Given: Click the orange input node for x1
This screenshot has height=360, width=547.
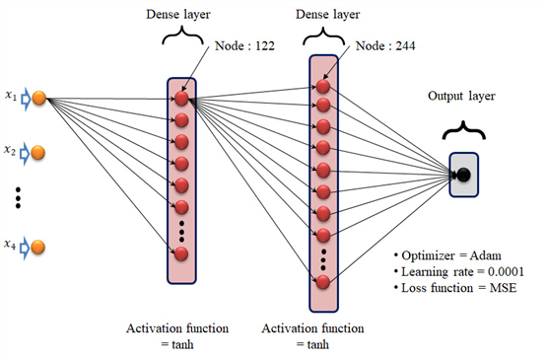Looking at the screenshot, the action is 39,98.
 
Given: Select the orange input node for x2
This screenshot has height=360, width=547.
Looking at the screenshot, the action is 38,153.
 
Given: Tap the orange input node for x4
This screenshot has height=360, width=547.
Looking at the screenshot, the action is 38,247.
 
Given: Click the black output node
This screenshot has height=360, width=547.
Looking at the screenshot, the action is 463,175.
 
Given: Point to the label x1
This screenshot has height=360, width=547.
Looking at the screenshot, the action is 11,95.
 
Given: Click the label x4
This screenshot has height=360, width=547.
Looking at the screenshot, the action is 10,244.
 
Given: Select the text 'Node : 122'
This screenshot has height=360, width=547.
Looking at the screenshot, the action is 244,45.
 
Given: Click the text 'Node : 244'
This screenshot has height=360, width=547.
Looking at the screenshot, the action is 385,45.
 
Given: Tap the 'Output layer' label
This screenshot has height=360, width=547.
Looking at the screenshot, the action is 461,96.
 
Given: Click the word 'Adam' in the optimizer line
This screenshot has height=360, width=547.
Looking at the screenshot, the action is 485,255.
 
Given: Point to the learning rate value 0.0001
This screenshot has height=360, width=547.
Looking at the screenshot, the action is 506,271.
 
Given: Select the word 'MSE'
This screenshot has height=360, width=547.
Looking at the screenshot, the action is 503,288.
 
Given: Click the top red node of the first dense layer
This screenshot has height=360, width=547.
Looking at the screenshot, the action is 181,99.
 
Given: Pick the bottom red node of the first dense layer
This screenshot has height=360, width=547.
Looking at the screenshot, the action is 181,253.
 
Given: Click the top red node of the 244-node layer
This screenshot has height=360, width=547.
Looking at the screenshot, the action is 323,87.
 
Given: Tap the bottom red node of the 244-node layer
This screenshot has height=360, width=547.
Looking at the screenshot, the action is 323,282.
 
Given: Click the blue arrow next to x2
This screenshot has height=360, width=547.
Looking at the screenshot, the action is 25,154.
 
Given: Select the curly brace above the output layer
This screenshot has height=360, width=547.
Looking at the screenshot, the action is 463,130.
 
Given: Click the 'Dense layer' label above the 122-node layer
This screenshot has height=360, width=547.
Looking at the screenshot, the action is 178,15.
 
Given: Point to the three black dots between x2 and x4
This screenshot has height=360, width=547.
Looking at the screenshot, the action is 18,198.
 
